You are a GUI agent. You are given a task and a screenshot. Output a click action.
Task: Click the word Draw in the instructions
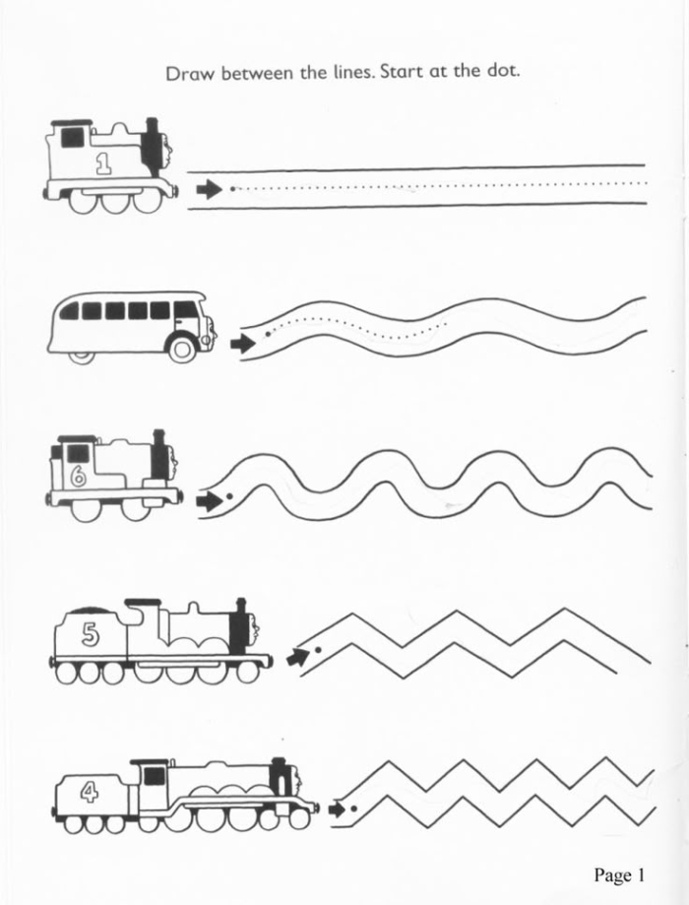(x=189, y=74)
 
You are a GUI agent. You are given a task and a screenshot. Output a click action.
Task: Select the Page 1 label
(x=618, y=874)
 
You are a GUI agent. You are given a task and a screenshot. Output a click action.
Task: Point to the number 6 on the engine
(x=79, y=478)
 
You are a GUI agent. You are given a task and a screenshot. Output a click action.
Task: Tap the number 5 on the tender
(x=91, y=635)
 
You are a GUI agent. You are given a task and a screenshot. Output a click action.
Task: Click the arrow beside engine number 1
(x=208, y=188)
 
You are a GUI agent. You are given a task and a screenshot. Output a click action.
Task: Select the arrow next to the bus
(x=241, y=344)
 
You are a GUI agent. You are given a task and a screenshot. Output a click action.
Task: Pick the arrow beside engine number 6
(x=209, y=501)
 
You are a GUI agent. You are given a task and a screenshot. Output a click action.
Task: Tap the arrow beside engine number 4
(x=339, y=809)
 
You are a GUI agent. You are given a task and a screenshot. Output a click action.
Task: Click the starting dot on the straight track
(x=231, y=187)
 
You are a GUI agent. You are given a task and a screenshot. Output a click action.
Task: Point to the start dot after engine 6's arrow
(x=229, y=497)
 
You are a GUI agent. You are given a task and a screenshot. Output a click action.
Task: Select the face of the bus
(x=207, y=328)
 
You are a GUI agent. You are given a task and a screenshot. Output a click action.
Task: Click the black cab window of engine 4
(x=154, y=776)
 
